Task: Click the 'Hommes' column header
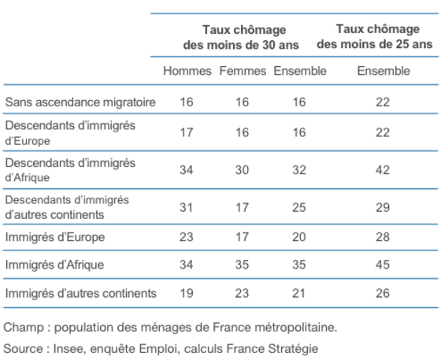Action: pyautogui.click(x=187, y=71)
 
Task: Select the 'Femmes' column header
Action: pyautogui.click(x=243, y=71)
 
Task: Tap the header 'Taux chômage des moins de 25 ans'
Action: pyautogui.click(x=375, y=36)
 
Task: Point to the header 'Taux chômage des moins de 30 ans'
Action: pyautogui.click(x=241, y=37)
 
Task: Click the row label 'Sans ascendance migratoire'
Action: pyautogui.click(x=80, y=102)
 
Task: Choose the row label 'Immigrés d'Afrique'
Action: pyautogui.click(x=54, y=265)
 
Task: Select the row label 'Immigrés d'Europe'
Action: pyautogui.click(x=55, y=237)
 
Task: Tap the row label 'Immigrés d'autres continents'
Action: pyautogui.click(x=80, y=293)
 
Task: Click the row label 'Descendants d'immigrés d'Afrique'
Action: pyautogui.click(x=70, y=170)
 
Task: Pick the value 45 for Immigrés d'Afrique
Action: pyautogui.click(x=383, y=265)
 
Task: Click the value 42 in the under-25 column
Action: pyautogui.click(x=383, y=170)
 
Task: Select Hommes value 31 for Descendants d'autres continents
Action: pyautogui.click(x=187, y=207)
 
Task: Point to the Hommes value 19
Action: pyautogui.click(x=187, y=293)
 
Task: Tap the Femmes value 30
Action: pyautogui.click(x=243, y=170)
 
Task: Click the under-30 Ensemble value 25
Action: pyautogui.click(x=299, y=207)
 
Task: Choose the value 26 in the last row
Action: pyautogui.click(x=383, y=293)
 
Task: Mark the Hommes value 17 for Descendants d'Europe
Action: pyautogui.click(x=187, y=132)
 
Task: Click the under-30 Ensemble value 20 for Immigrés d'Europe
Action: pyautogui.click(x=299, y=237)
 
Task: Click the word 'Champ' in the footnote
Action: pyautogui.click(x=24, y=328)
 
